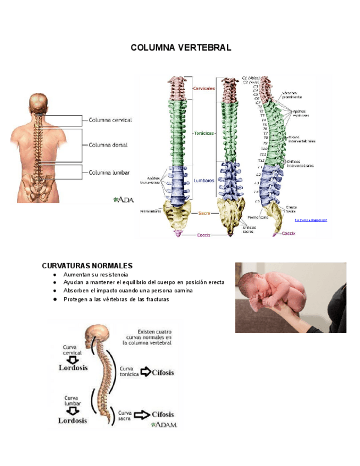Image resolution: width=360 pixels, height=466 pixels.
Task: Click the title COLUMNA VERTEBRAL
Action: [181, 48]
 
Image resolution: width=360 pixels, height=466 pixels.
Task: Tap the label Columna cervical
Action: [110, 120]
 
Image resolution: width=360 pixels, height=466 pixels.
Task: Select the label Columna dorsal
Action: [108, 146]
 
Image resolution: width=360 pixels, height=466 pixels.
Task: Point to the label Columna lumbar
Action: [109, 173]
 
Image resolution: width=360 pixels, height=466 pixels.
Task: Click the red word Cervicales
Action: [204, 88]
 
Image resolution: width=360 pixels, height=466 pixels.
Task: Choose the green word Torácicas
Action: [203, 133]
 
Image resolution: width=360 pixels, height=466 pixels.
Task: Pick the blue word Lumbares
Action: [204, 180]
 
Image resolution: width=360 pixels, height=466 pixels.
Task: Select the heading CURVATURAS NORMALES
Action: [87, 266]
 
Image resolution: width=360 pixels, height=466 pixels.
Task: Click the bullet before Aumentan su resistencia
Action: [55, 274]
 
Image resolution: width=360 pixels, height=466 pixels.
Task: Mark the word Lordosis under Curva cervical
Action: [73, 368]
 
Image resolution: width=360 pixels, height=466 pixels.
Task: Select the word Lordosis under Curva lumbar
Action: [73, 420]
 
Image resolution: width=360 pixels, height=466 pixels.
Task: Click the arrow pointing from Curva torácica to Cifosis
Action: [145, 372]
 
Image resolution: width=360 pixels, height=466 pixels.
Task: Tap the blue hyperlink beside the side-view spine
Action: [311, 220]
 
